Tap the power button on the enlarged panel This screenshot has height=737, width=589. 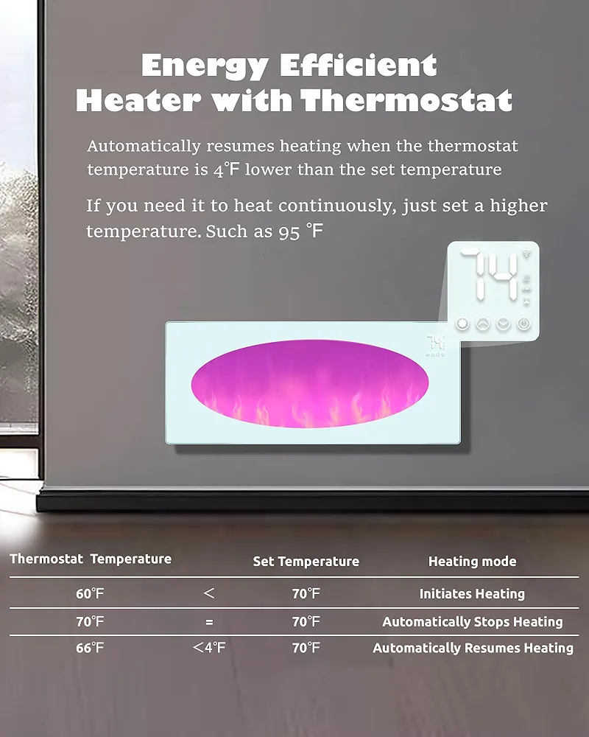tap(523, 324)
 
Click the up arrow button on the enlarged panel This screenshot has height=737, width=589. tap(483, 324)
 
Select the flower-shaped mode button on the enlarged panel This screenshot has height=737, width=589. tap(462, 324)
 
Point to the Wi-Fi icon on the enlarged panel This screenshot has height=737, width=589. tap(526, 254)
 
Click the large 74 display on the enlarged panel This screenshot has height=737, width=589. tap(489, 275)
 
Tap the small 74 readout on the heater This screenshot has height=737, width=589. tap(435, 342)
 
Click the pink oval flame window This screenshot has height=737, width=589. tap(309, 383)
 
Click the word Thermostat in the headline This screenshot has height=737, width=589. tap(406, 100)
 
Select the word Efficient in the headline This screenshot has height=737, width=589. tap(359, 65)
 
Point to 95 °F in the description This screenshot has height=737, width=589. tap(300, 231)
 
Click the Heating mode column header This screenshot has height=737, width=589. tap(472, 561)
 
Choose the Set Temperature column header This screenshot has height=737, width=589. tap(306, 561)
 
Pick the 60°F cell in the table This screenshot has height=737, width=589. tap(90, 593)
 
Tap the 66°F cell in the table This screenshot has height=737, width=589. tap(90, 648)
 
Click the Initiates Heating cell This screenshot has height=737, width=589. tap(472, 593)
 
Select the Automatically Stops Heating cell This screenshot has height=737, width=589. tap(472, 622)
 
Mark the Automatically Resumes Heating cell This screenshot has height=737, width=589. tap(473, 648)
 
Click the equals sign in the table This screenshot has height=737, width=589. tap(209, 622)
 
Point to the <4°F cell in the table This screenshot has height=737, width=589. tap(209, 648)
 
